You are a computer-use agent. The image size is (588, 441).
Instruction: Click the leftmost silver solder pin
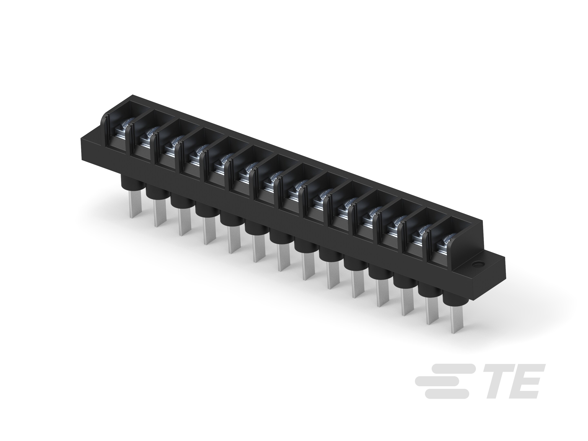pos(135,205)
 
